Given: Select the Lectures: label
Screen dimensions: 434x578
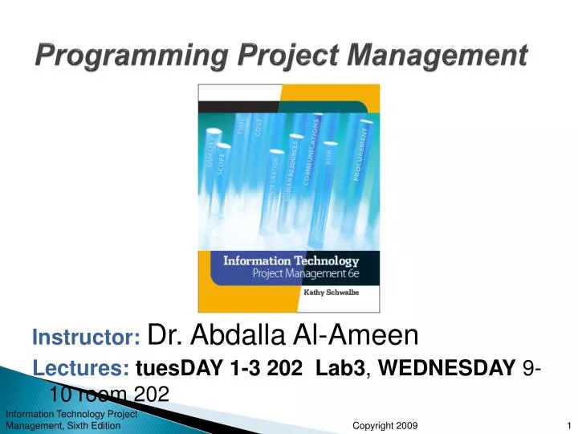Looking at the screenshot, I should tap(81, 369).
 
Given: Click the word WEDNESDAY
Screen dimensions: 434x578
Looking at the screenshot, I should tap(447, 370).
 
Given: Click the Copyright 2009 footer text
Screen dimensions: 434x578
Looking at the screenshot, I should tap(385, 425).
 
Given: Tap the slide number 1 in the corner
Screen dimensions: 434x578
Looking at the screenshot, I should tap(568, 425).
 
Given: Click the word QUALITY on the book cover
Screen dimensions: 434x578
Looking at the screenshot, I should tap(213, 153).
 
